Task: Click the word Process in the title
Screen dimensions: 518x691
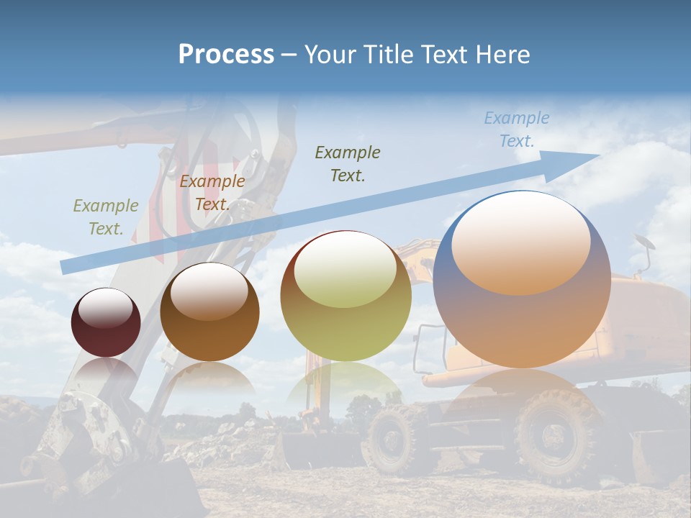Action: point(226,55)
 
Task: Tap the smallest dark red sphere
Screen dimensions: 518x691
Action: point(106,322)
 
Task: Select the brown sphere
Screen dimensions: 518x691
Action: point(209,312)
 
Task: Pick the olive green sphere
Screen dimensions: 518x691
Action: point(345,296)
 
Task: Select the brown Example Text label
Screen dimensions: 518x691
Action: point(212,193)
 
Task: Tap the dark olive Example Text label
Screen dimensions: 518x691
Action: point(348,163)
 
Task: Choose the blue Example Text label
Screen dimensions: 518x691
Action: point(517,129)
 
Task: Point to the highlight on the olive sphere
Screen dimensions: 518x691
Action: point(345,269)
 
